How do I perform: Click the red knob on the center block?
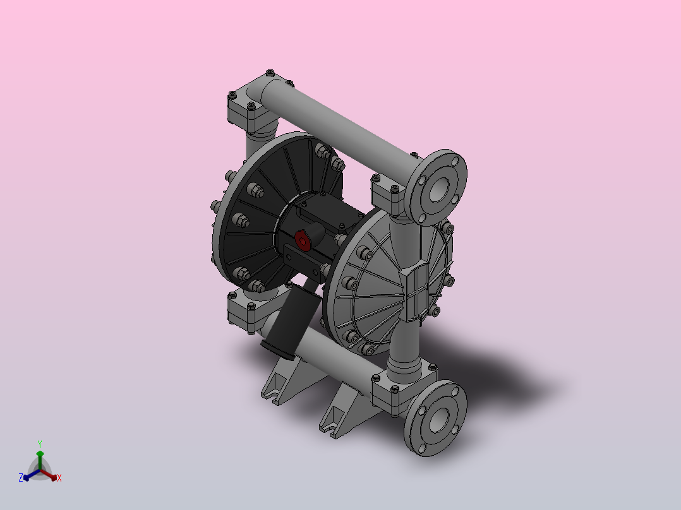pos(303,240)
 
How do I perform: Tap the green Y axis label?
pos(40,444)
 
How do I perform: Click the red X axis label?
pos(59,478)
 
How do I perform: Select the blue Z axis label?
pos(21,478)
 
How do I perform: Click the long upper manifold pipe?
pos(339,126)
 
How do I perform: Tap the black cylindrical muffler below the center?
pos(290,319)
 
